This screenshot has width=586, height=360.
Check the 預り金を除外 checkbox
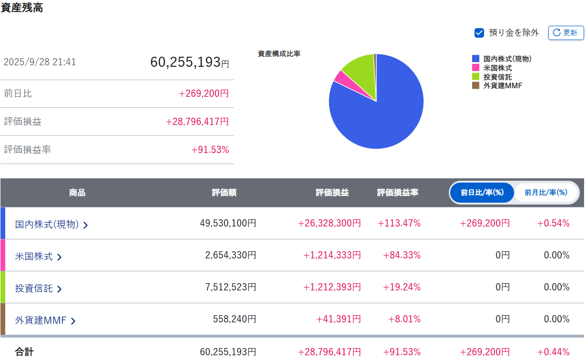pyautogui.click(x=479, y=33)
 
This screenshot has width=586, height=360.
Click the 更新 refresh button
pyautogui.click(x=566, y=33)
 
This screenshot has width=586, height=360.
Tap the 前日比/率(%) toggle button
pyautogui.click(x=482, y=193)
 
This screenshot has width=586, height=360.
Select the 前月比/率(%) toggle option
pyautogui.click(x=546, y=193)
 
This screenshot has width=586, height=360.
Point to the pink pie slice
pyautogui.click(x=340, y=77)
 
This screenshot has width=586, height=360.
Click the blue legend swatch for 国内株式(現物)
pyautogui.click(x=475, y=59)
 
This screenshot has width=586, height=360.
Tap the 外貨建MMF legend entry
pyautogui.click(x=503, y=86)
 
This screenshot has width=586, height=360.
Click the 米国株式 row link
pyautogui.click(x=34, y=256)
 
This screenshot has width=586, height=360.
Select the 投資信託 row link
pyautogui.click(x=34, y=288)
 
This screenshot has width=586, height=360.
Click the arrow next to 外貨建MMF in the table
pyautogui.click(x=73, y=321)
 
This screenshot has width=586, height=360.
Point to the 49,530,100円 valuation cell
pyautogui.click(x=228, y=223)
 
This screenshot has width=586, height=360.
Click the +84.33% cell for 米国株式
pyautogui.click(x=402, y=255)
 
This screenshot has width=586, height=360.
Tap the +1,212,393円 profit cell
pyautogui.click(x=332, y=287)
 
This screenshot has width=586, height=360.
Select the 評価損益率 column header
pyautogui.click(x=398, y=193)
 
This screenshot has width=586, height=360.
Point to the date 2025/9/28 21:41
pyautogui.click(x=40, y=62)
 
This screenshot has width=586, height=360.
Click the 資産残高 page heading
pyautogui.click(x=22, y=8)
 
